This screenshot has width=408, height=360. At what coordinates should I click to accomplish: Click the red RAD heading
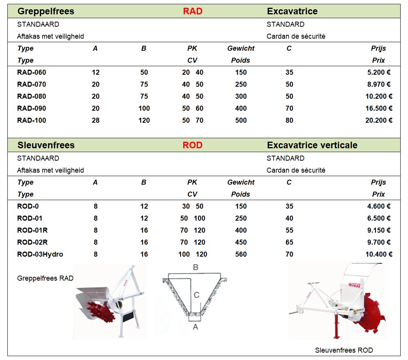(193, 11)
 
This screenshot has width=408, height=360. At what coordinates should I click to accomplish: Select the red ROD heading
(193, 145)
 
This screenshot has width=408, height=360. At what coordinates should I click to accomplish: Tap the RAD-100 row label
(31, 120)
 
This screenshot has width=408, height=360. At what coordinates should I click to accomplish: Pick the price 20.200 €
(379, 120)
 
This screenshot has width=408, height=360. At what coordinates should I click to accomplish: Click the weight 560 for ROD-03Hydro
(241, 254)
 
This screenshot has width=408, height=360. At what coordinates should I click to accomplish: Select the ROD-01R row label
(32, 230)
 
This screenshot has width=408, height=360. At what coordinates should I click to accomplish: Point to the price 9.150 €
(379, 230)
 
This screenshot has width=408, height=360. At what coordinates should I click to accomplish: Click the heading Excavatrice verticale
(312, 145)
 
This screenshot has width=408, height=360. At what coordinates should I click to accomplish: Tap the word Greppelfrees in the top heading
(46, 11)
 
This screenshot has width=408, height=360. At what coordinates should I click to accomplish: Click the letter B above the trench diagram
(196, 267)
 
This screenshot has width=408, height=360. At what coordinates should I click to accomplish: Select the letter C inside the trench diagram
(196, 295)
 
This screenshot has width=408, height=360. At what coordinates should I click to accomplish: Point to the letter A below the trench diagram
(195, 327)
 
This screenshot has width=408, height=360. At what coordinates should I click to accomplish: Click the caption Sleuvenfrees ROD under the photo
(344, 350)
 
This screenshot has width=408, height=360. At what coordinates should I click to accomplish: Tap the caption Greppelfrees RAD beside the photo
(45, 278)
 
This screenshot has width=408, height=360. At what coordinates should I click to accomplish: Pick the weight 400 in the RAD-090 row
(241, 108)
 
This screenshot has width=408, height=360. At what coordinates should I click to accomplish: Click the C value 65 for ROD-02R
(289, 242)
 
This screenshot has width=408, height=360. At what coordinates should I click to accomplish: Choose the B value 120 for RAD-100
(144, 120)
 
